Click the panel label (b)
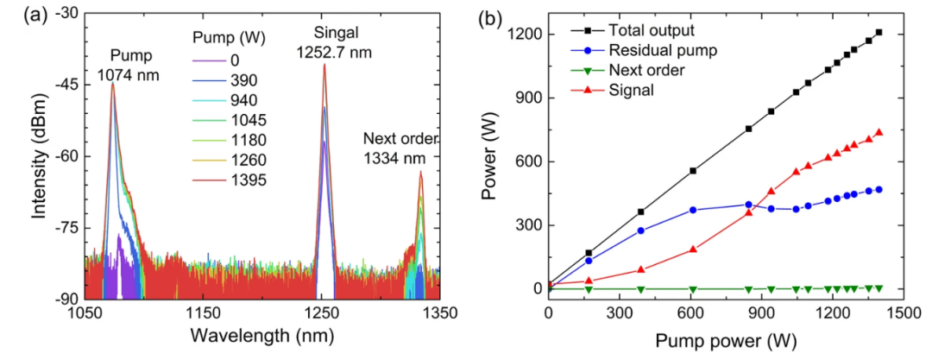pyautogui.click(x=496, y=14)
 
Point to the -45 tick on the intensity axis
pyautogui.click(x=63, y=85)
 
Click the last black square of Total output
pyautogui.click(x=878, y=32)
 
